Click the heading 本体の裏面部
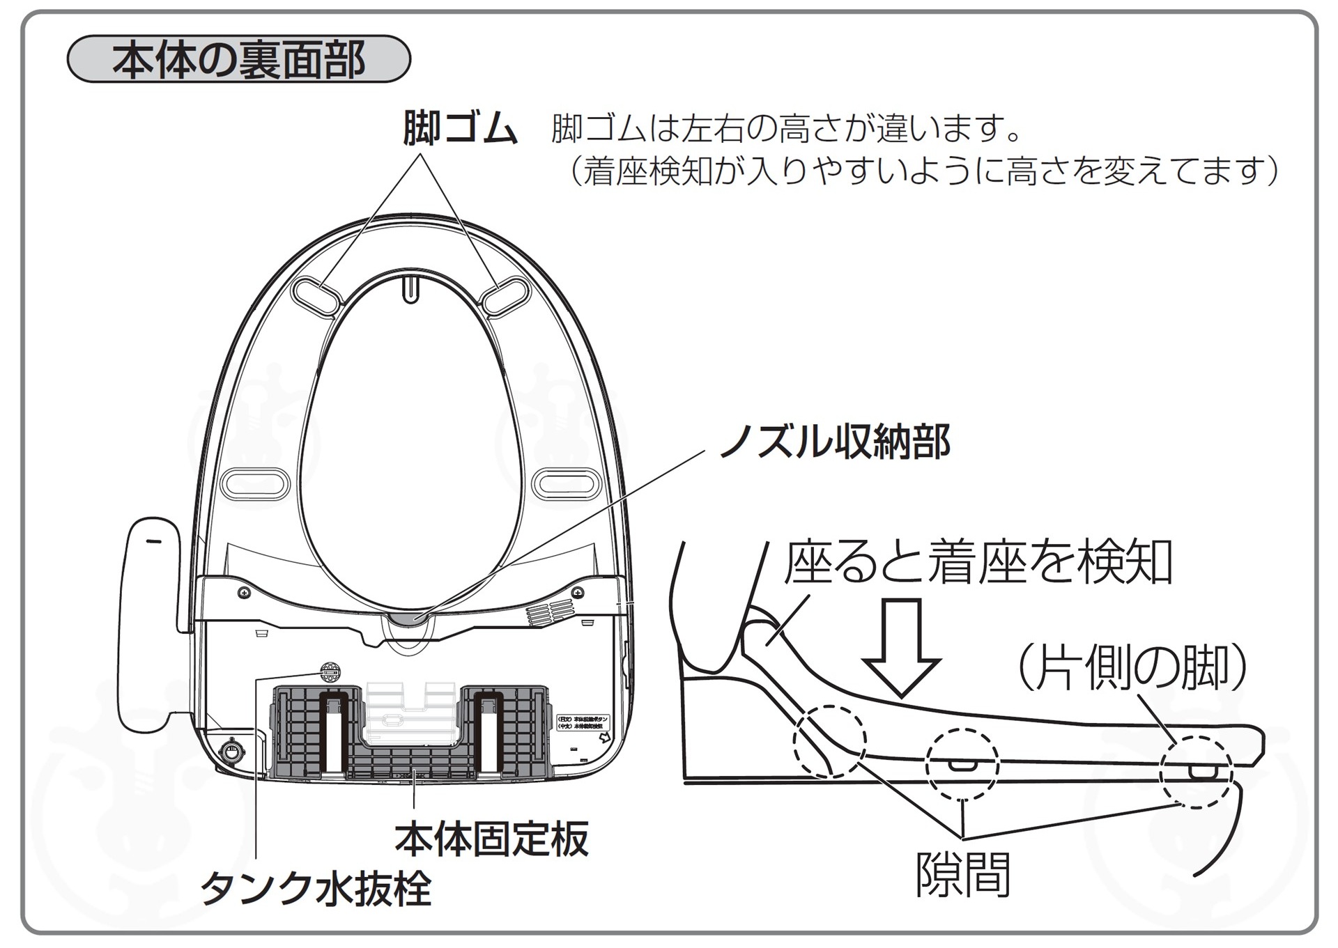[238, 60]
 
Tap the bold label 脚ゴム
[460, 129]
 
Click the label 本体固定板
[491, 839]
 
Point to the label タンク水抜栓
[316, 889]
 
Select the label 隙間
[962, 876]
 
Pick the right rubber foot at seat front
[507, 295]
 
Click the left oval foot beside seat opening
[254, 483]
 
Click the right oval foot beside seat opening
[566, 483]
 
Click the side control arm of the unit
[153, 627]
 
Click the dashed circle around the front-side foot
[1196, 772]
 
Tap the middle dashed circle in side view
[962, 764]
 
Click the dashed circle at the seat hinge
[830, 741]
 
